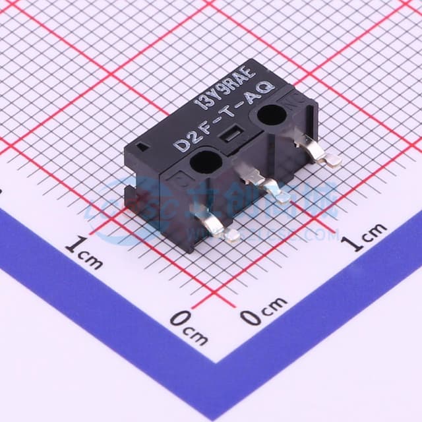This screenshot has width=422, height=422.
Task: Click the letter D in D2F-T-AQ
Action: [179, 145]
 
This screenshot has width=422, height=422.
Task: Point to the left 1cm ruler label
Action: [84, 253]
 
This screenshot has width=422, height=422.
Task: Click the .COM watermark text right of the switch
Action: [316, 234]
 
